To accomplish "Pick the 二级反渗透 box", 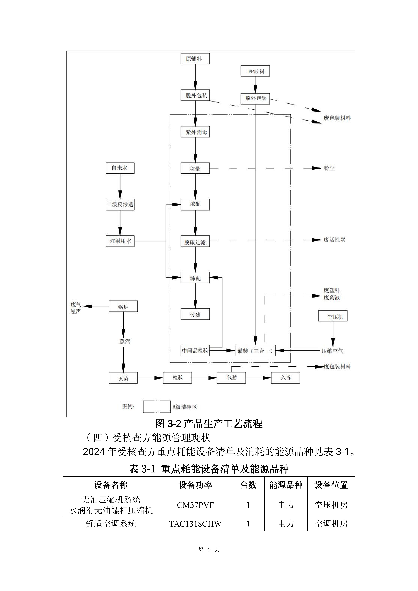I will tap(120, 205).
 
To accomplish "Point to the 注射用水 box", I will tap(120, 241).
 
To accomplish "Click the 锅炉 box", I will tap(123, 307).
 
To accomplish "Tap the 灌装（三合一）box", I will tap(255, 351).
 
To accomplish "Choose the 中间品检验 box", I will tap(195, 351).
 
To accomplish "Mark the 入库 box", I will tap(285, 378).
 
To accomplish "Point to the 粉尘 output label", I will tap(329, 168).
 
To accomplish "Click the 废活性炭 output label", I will tap(334, 240).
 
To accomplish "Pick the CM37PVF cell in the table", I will tap(195, 505).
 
